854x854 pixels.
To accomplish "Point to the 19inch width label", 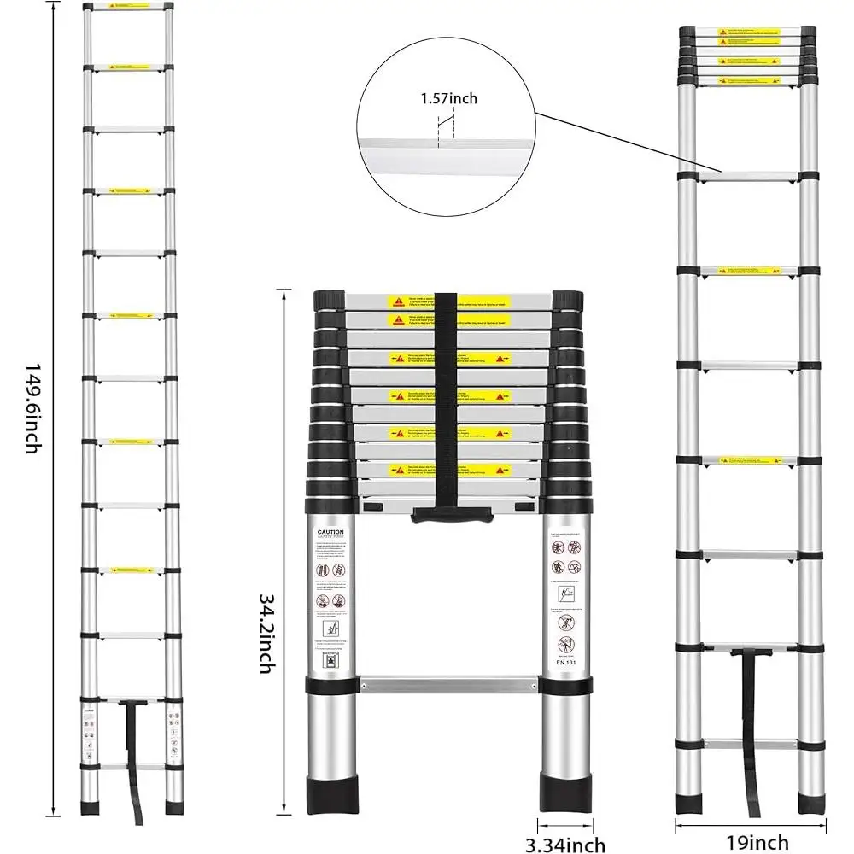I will tap(752, 844).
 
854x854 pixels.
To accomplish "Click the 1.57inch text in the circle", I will tap(448, 99).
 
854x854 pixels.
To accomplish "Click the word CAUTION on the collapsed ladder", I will tap(330, 531).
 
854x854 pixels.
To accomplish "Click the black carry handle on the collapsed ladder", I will tap(452, 516).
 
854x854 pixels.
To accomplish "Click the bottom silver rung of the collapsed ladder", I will tap(449, 683).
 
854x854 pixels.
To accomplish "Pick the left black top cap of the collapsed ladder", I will tap(330, 301).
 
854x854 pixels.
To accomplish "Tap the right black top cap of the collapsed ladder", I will tap(567, 301).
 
